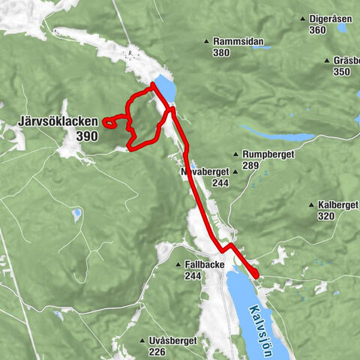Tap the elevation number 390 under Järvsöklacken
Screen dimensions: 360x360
[x=86, y=136]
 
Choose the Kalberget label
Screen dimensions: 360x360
[x=337, y=205]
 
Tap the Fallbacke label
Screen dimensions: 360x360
[x=205, y=265]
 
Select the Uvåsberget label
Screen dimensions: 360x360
[x=172, y=340]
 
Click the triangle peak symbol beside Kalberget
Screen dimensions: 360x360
[x=311, y=205]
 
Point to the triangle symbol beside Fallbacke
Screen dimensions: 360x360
[x=178, y=265]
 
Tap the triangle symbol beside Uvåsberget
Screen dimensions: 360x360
[x=142, y=340]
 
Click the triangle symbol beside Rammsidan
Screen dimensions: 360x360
[x=207, y=42]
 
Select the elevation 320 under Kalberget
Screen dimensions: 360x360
[x=326, y=216]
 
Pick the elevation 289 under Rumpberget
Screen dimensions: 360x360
[x=250, y=165]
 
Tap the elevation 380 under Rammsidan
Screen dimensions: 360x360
[x=220, y=53]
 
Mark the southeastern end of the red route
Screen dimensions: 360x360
[x=256, y=275]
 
